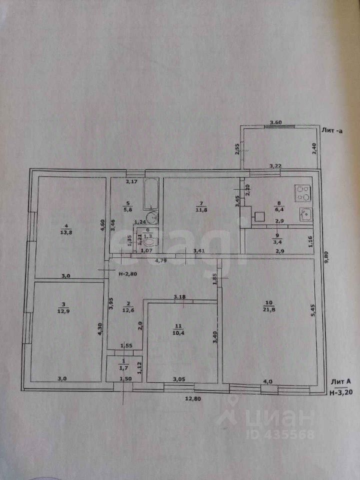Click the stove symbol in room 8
pos(302,192)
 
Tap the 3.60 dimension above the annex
pos(276,122)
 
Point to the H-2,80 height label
pos(128,273)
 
